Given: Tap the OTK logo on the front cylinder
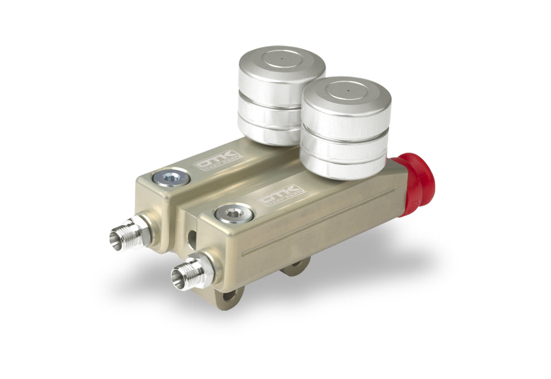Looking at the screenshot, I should [282, 195].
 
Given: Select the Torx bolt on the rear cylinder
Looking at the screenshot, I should [170, 179].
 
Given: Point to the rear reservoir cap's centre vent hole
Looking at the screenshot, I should [282, 58].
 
